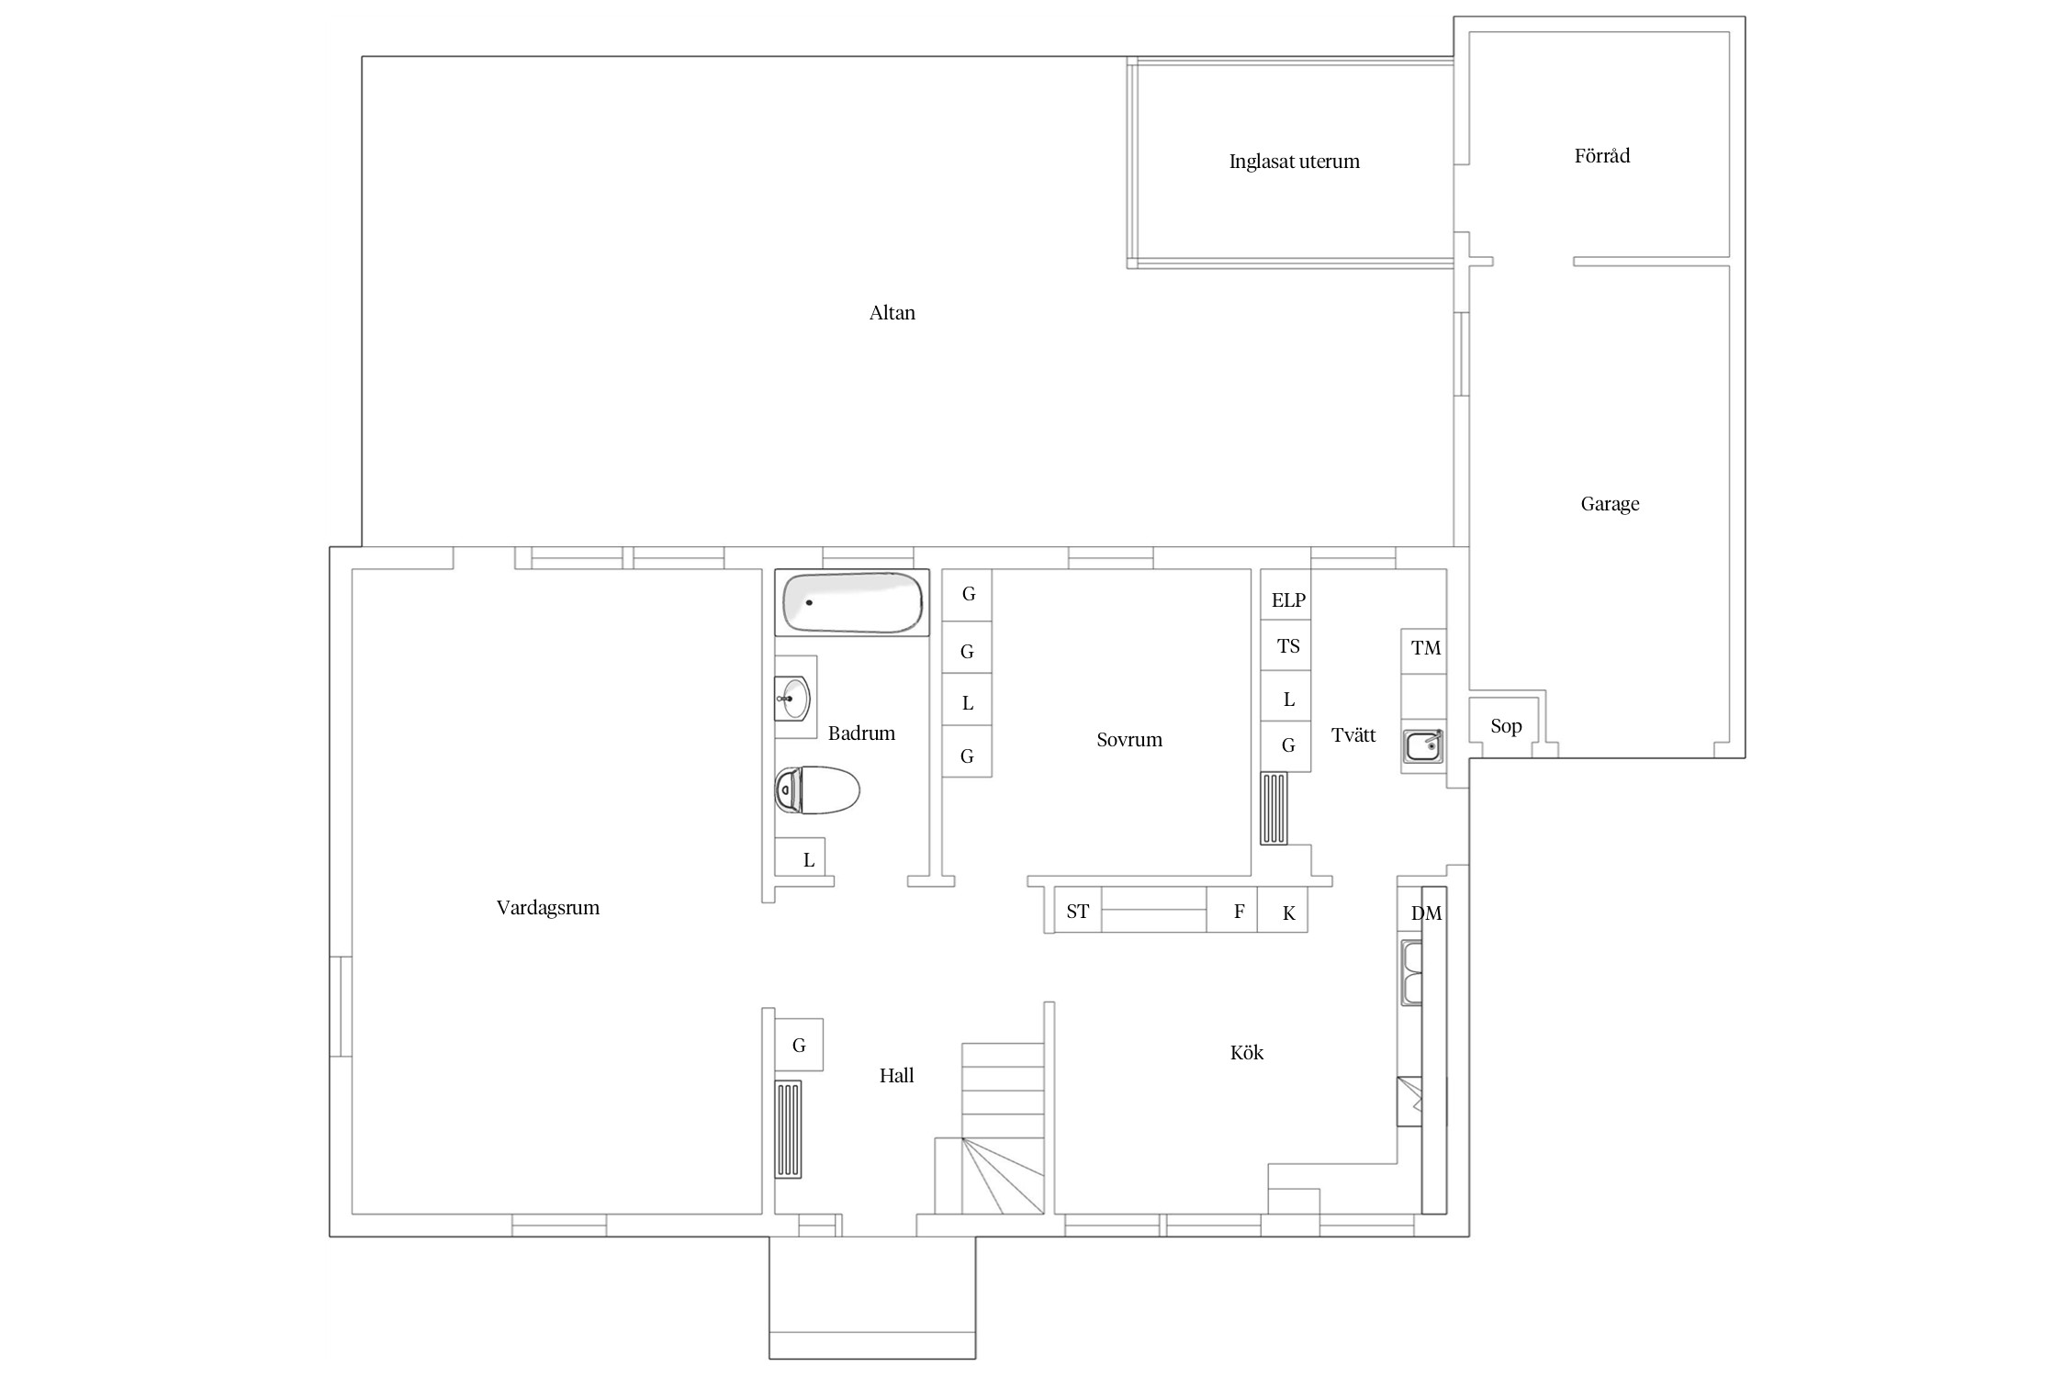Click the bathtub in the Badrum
pos(852,602)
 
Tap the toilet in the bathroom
pos(817,789)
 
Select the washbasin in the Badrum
pos(792,699)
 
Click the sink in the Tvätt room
pos(1423,745)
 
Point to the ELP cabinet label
pos(1288,600)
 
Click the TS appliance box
pos(1286,646)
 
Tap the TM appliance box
pos(1424,651)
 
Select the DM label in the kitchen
pos(1426,913)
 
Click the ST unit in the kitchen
pos(1078,911)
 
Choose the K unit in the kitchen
pos(1283,911)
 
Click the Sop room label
pos(1506,726)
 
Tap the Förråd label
pos(1602,156)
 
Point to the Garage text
pos(1610,504)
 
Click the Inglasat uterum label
pos(1294,162)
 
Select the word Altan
pos(892,313)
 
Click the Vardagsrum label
pos(547,908)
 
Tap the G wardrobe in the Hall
pos(799,1045)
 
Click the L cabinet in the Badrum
pos(800,857)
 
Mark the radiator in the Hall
pos(789,1129)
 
